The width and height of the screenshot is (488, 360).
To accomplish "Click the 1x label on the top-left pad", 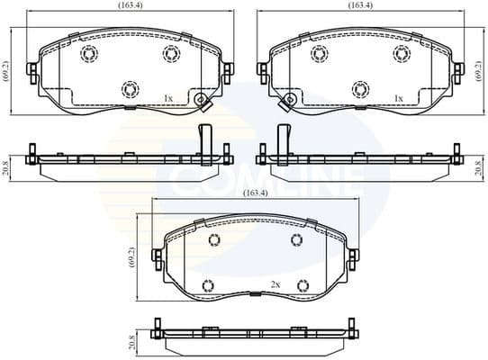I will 168,97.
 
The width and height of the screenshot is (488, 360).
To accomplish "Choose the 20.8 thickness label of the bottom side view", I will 133,344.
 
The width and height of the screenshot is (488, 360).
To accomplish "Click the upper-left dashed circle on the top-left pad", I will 88,54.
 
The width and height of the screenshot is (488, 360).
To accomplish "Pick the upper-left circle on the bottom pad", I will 215,239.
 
